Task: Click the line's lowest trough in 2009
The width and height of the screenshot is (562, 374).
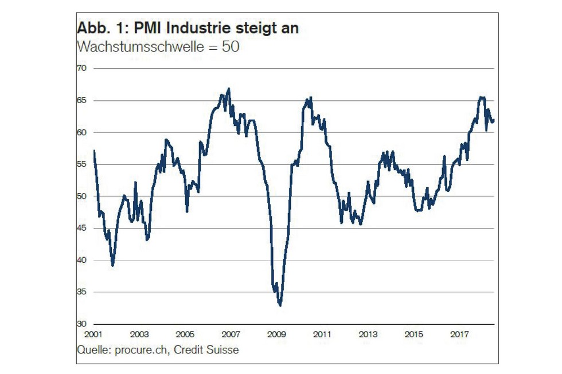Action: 280,305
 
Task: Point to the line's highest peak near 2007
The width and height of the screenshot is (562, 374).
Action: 229,89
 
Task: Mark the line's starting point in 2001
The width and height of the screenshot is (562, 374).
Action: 93,151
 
